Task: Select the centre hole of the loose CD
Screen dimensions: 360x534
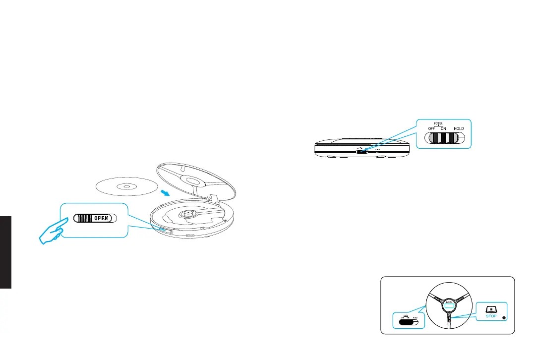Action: [x=126, y=187]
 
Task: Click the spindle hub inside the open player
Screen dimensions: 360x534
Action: [x=189, y=214]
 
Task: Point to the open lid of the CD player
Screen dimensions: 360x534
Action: [x=198, y=179]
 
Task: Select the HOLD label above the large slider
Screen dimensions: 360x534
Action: [x=459, y=129]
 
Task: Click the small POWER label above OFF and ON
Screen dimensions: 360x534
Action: [x=437, y=123]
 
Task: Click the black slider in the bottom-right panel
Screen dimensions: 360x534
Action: [x=404, y=322]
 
